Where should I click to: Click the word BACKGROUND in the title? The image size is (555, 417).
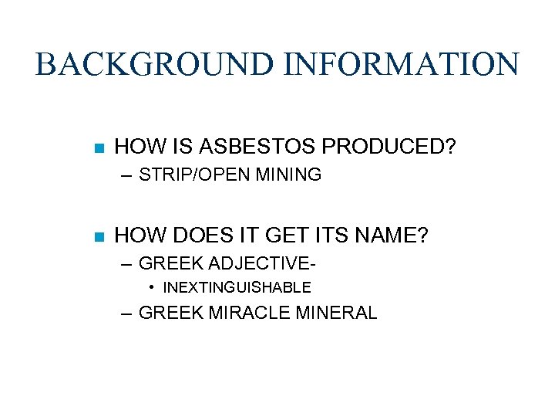(x=155, y=64)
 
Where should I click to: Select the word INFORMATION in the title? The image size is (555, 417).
(x=401, y=64)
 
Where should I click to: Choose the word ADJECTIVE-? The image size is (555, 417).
(x=262, y=263)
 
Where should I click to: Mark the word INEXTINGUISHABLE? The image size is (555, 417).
(x=237, y=288)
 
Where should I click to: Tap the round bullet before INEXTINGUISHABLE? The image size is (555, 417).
(x=154, y=288)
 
